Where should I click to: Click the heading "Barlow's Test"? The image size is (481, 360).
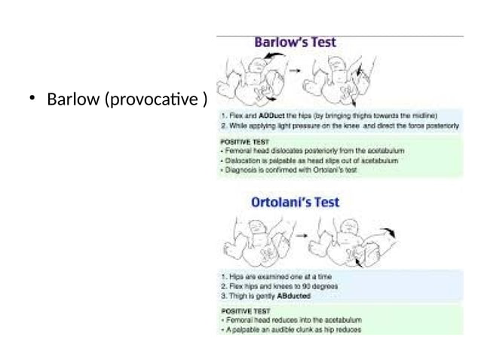click(295, 43)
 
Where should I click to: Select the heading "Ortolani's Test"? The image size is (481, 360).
click(295, 203)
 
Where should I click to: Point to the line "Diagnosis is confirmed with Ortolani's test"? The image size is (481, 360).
click(289, 171)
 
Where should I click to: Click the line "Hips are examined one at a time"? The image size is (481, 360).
click(270, 276)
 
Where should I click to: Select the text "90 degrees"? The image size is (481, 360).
click(320, 286)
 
